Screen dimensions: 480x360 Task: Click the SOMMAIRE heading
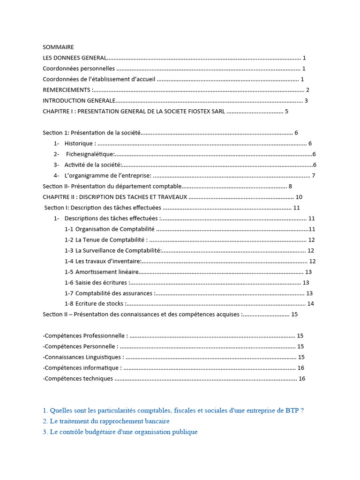click(x=58, y=47)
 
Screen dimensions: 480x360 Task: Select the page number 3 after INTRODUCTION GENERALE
click(x=306, y=101)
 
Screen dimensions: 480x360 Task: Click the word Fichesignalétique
click(x=90, y=154)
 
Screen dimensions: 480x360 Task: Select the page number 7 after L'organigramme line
click(x=314, y=176)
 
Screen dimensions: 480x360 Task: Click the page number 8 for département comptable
click(x=291, y=187)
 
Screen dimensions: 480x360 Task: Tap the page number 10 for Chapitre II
click(x=299, y=197)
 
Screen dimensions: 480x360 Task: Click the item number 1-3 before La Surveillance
click(x=69, y=251)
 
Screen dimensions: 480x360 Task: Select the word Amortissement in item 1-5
click(x=96, y=272)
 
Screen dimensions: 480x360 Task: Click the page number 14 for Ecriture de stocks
click(x=310, y=304)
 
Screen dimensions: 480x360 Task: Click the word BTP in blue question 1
click(x=292, y=411)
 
